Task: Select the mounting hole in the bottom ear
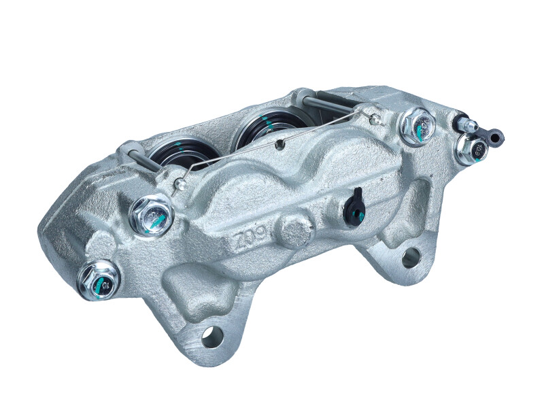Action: [x=212, y=335]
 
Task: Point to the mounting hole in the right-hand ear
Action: [x=410, y=258]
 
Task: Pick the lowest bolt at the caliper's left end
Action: [x=99, y=279]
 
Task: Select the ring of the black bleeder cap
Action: [x=497, y=138]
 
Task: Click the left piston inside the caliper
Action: [x=182, y=153]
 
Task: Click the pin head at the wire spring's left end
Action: [x=178, y=184]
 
